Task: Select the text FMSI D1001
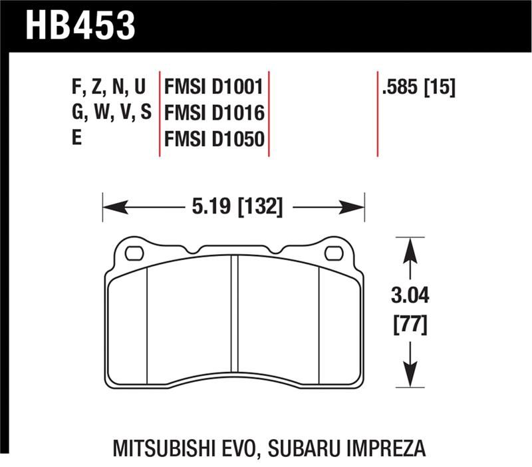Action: click(214, 87)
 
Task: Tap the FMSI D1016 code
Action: click(214, 113)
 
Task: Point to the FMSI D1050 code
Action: click(214, 139)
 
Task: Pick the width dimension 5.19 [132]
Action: click(237, 208)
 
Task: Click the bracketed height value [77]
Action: click(410, 325)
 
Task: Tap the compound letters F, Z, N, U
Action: click(108, 87)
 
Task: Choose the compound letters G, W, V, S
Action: click(111, 113)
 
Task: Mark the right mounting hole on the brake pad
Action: click(334, 253)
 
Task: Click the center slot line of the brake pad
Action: click(234, 319)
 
